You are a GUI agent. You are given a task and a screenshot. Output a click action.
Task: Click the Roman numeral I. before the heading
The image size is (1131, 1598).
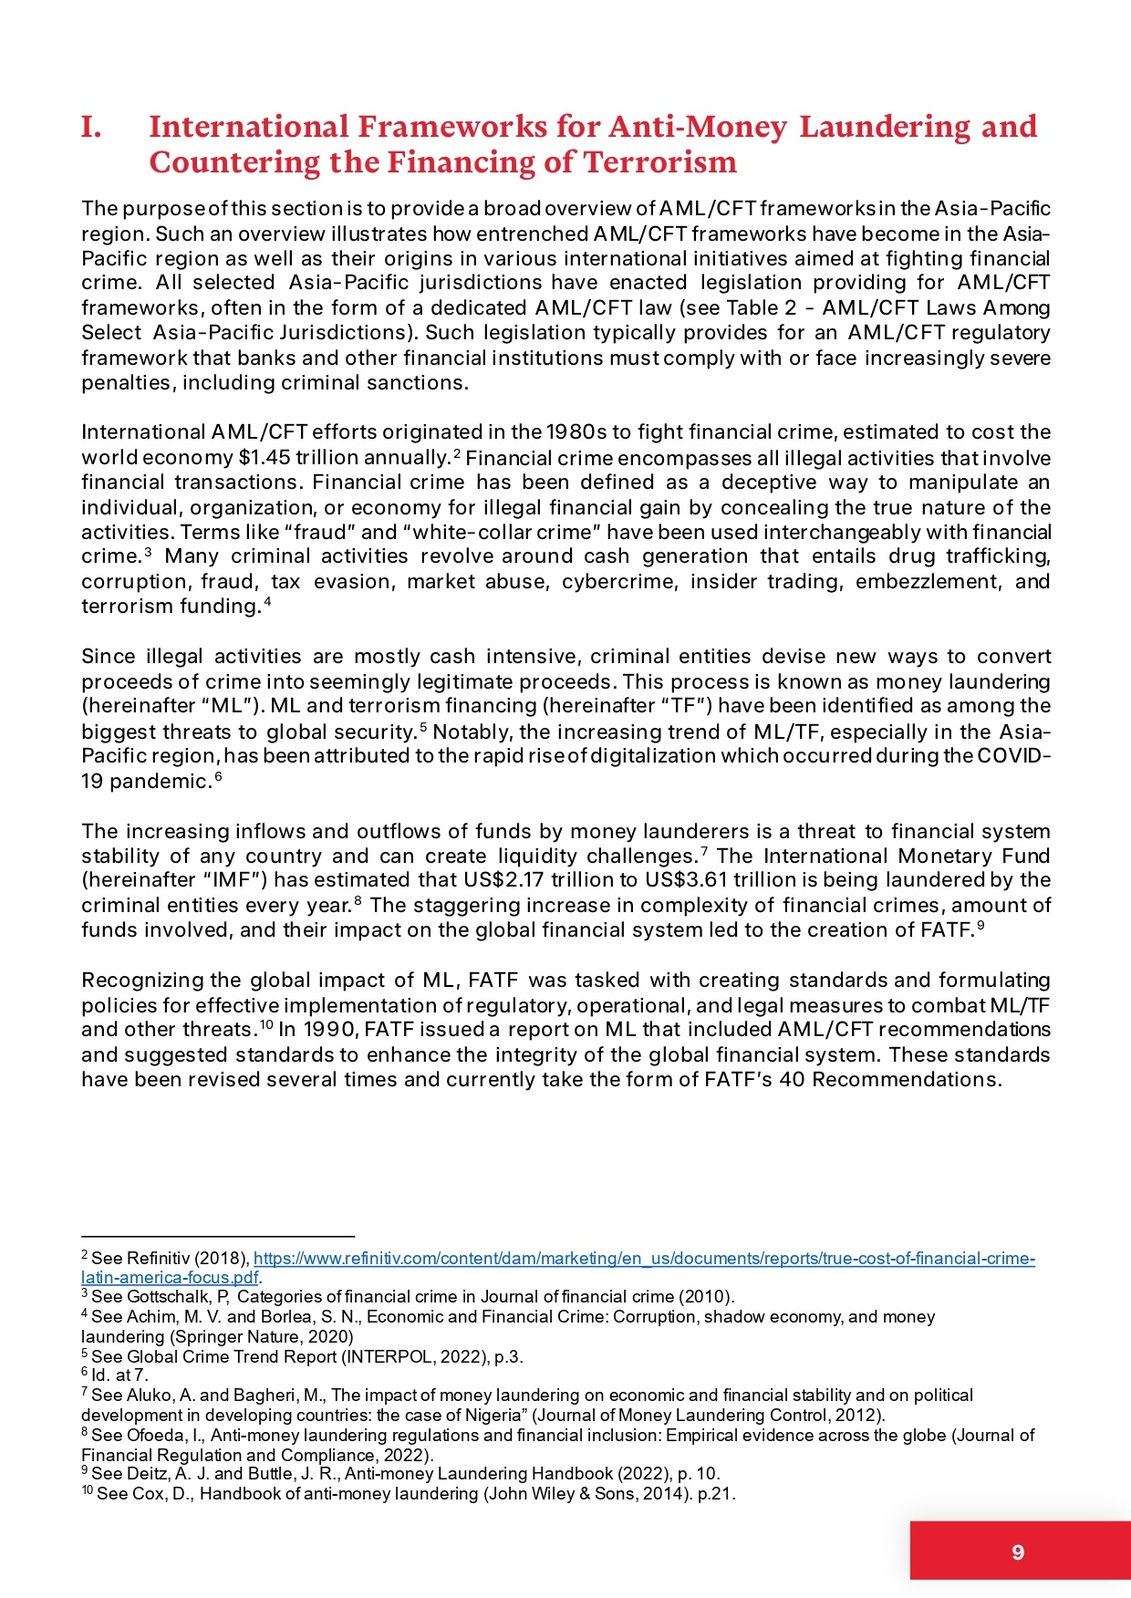tap(90, 127)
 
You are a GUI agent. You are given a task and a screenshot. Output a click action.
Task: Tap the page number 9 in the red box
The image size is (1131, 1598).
tap(1018, 1551)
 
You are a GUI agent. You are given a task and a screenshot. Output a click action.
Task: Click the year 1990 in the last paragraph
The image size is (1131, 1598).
tap(328, 1030)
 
